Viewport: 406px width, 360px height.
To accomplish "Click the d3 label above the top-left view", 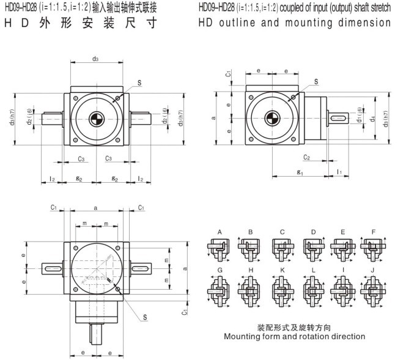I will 95,59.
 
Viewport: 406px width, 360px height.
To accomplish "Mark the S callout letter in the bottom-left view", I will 145,316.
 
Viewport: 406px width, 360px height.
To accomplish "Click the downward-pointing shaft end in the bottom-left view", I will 96,335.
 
